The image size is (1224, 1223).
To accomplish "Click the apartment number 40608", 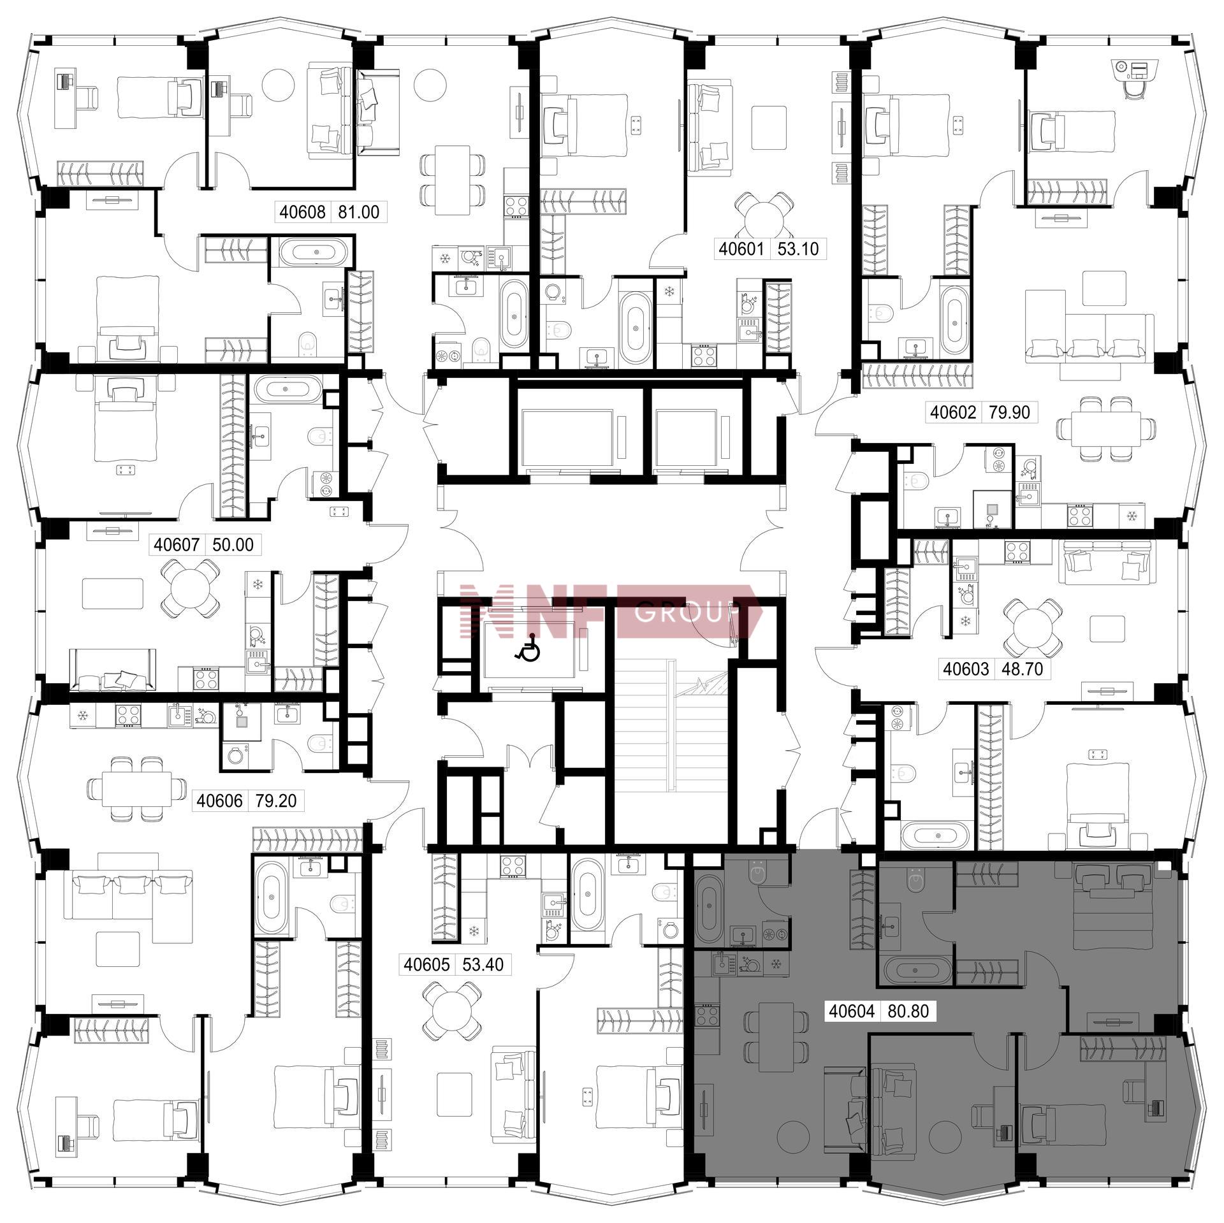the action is (x=303, y=212).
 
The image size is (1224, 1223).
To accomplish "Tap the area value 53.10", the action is (x=798, y=249).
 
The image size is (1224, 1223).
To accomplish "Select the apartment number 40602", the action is (x=953, y=412).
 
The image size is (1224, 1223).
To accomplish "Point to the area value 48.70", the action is (x=1023, y=669).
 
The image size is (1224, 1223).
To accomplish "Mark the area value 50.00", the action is (x=233, y=545).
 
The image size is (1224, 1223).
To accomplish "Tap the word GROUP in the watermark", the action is (x=688, y=613).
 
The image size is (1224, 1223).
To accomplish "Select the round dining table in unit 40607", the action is (x=189, y=588).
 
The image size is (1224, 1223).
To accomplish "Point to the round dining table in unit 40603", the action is (x=1033, y=626).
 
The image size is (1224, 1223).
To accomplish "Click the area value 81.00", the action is (x=359, y=212).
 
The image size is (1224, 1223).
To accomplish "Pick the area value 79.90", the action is (x=1009, y=412).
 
